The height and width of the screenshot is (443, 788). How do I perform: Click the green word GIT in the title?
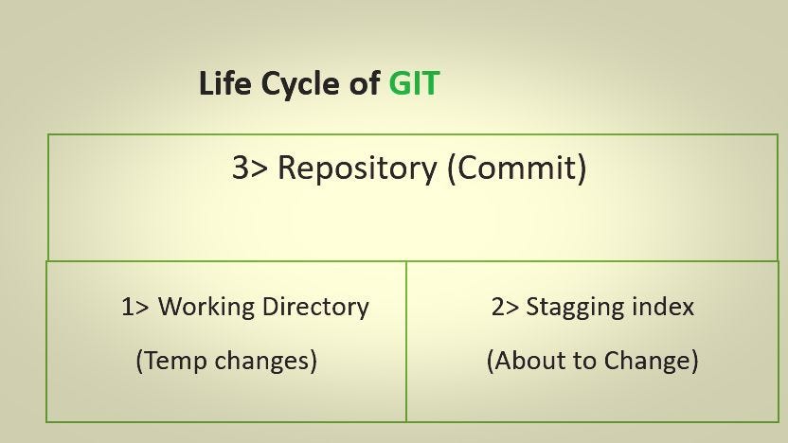coord(414,83)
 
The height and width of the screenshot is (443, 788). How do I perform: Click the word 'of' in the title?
coord(363,83)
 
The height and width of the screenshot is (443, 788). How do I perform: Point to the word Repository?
coord(357,168)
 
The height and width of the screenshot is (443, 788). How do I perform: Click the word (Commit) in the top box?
coord(516,168)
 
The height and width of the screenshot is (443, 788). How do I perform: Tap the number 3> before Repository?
coord(250,168)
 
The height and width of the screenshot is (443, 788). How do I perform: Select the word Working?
coord(207,307)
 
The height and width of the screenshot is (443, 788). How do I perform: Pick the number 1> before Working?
coord(134,307)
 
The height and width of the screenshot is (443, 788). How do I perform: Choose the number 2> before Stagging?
coord(505,307)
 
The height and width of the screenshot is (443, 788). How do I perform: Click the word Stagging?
coord(575,308)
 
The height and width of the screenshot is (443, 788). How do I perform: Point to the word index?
coord(663,307)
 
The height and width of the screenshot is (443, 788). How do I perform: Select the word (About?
coord(524,361)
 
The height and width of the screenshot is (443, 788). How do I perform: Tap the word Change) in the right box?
coord(651,361)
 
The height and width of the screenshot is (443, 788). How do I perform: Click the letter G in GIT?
coord(400,83)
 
